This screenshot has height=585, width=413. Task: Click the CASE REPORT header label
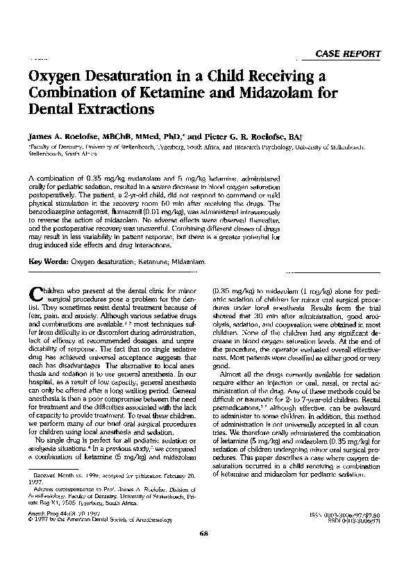coord(348,54)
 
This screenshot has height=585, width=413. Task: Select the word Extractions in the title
coord(115,109)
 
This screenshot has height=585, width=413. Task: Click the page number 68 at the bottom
coord(203,553)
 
